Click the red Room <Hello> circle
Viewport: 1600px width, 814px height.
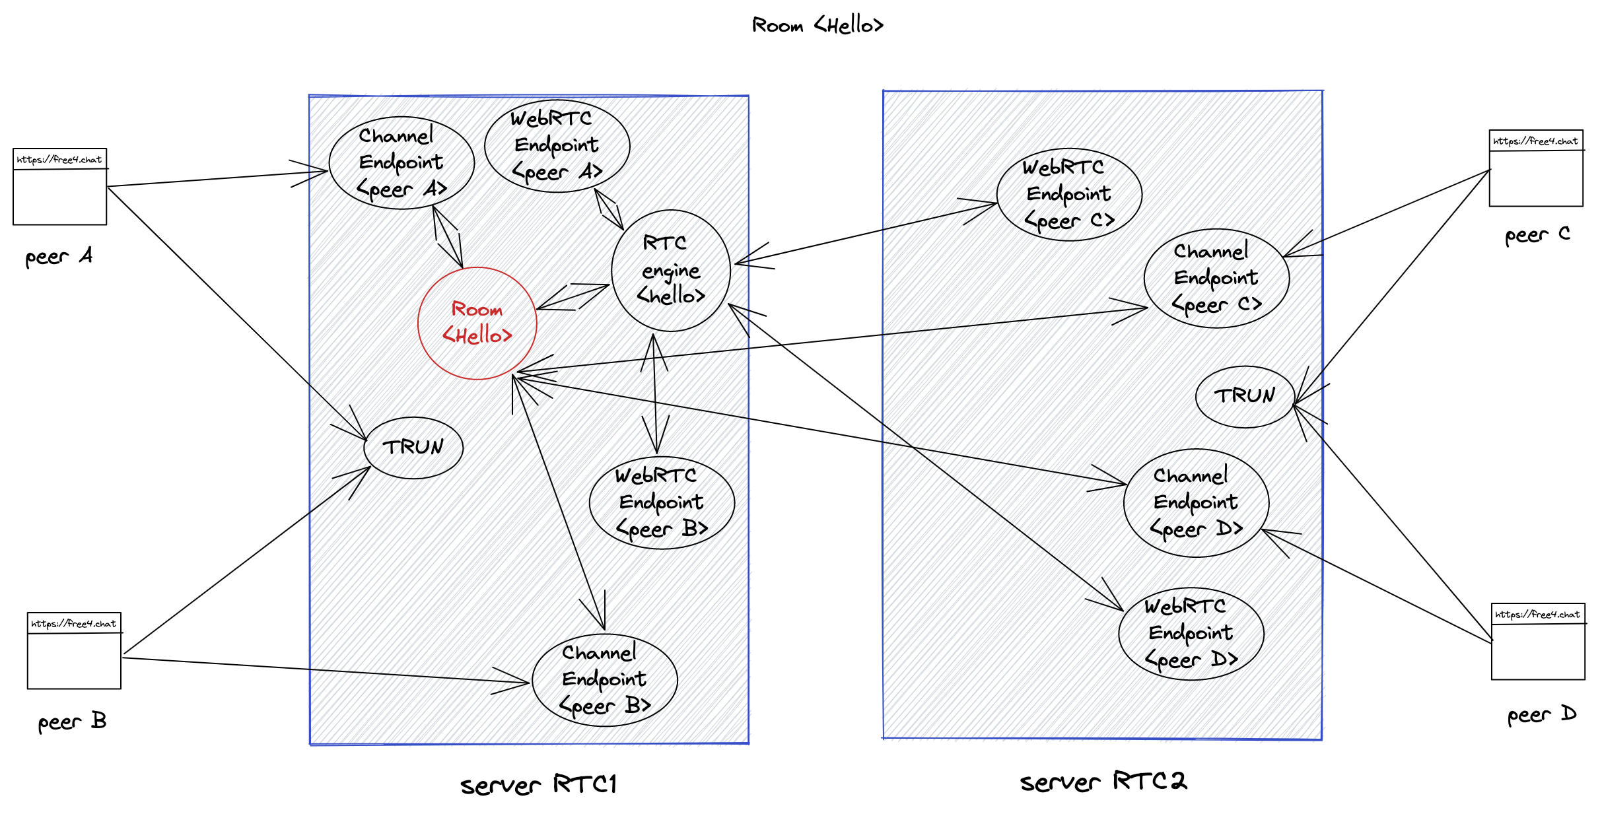tap(477, 323)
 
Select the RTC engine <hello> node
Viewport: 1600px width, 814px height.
tap(671, 270)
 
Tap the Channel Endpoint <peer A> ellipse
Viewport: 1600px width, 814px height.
tap(401, 163)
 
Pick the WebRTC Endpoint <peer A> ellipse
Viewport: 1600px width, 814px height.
tap(557, 146)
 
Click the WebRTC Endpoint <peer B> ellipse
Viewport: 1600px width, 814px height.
tap(662, 502)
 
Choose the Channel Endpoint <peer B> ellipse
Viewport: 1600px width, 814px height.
tap(604, 680)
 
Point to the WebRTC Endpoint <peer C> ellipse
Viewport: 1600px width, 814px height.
tap(1069, 195)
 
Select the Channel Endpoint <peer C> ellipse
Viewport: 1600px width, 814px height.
tap(1216, 278)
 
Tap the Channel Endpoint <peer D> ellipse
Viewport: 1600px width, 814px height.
tap(1196, 503)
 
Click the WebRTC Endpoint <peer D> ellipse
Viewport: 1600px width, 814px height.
tap(1191, 634)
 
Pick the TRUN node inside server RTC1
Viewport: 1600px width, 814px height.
tap(413, 448)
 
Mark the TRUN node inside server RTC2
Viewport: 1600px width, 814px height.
tap(1245, 396)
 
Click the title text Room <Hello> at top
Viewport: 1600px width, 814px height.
tap(817, 26)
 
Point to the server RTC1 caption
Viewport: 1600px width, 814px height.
tap(538, 785)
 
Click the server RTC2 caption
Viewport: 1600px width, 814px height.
tap(1103, 782)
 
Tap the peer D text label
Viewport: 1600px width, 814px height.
tap(1541, 715)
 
